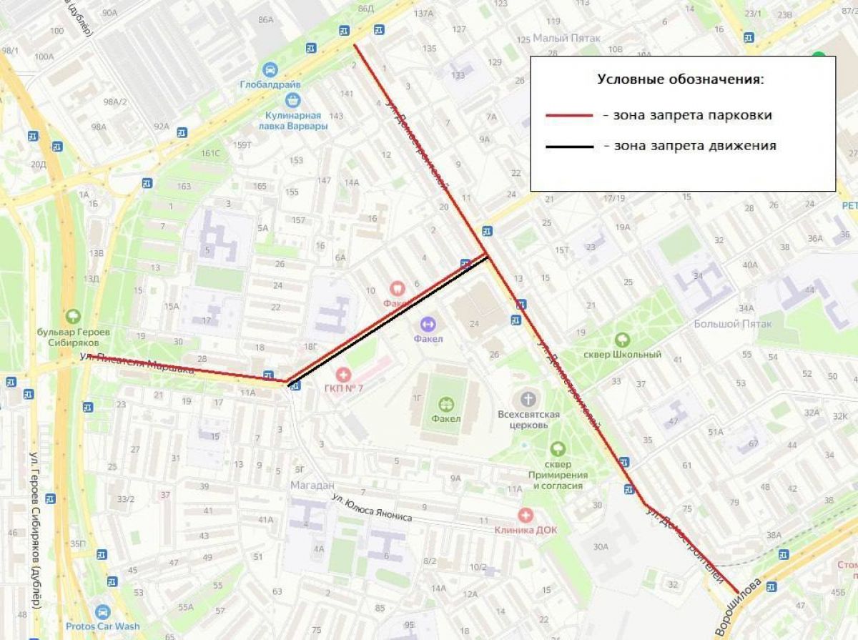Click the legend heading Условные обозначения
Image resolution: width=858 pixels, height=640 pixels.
tap(681, 79)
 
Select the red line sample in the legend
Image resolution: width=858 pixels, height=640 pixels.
tap(569, 115)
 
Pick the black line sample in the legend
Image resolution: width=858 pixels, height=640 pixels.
tap(569, 147)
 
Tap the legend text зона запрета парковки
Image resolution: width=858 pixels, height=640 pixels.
tap(687, 115)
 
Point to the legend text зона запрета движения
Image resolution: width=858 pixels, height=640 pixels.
tap(689, 146)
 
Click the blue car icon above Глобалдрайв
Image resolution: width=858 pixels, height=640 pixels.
tap(270, 69)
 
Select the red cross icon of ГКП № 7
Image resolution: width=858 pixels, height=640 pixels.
tap(344, 374)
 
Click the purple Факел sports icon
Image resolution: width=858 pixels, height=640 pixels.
tap(428, 324)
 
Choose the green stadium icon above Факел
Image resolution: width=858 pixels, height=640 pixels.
tap(447, 404)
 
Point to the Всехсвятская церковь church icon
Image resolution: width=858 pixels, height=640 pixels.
tap(528, 398)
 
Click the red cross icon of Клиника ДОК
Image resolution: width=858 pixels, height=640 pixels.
tap(526, 515)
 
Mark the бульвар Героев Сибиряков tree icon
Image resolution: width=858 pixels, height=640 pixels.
tap(72, 316)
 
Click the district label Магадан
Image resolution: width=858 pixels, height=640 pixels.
tap(312, 486)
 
